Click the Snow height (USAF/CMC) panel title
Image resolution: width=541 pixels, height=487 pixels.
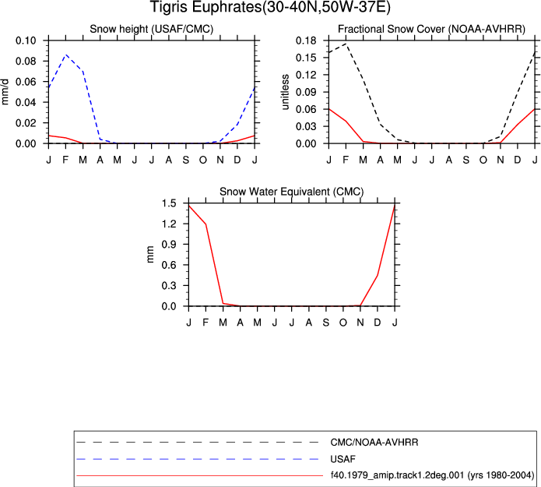pyautogui.click(x=152, y=29)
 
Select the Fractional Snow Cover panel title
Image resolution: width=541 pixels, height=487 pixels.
pyautogui.click(x=431, y=29)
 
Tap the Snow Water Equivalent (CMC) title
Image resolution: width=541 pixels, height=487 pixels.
pyautogui.click(x=292, y=192)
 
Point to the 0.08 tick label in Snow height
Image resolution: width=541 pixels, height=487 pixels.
pyautogui.click(x=26, y=61)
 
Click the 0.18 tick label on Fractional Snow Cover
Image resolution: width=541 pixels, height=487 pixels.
pyautogui.click(x=306, y=41)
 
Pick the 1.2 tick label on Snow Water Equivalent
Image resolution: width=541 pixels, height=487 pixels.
pyautogui.click(x=169, y=224)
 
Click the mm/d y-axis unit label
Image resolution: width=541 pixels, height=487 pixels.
pyautogui.click(x=5, y=91)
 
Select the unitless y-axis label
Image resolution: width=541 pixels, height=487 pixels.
pyautogui.click(x=285, y=92)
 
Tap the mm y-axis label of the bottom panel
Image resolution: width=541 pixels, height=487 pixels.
pyautogui.click(x=149, y=255)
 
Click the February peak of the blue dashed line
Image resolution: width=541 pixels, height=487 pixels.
pyautogui.click(x=65, y=55)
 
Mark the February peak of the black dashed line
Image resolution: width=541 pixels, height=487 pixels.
pyautogui.click(x=346, y=44)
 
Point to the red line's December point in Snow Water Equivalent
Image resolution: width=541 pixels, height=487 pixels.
pyautogui.click(x=378, y=275)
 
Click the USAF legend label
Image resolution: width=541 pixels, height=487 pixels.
pyautogui.click(x=343, y=459)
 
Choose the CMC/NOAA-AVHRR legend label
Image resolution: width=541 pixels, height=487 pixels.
pyautogui.click(x=374, y=443)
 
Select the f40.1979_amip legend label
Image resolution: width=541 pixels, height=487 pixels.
pyautogui.click(x=432, y=475)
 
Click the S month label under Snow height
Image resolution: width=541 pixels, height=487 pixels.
pyautogui.click(x=185, y=160)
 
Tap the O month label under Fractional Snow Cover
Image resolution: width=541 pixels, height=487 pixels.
pyautogui.click(x=483, y=160)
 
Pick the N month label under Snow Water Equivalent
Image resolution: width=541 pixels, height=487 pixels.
pyautogui.click(x=360, y=323)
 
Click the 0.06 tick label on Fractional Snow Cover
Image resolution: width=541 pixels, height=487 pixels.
pyautogui.click(x=306, y=109)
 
